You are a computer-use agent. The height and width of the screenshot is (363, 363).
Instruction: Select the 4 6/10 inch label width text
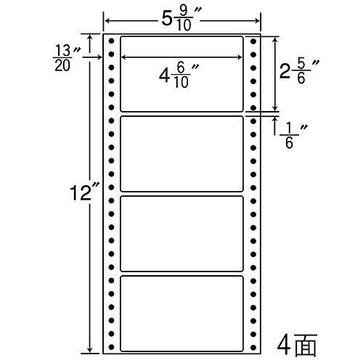point(179,76)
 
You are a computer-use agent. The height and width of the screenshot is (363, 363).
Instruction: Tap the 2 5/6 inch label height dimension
point(299,72)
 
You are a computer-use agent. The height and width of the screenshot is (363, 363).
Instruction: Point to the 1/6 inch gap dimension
point(293,136)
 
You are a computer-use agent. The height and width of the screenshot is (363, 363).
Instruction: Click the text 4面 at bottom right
point(297,345)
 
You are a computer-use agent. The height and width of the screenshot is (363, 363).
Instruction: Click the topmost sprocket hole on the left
point(111,41)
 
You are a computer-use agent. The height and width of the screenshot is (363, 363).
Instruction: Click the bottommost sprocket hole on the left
point(111,347)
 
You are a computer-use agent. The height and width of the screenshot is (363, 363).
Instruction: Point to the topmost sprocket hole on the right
point(253,41)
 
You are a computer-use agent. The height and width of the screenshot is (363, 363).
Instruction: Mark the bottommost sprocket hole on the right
point(253,348)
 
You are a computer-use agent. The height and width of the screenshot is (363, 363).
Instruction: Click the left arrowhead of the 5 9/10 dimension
point(107,21)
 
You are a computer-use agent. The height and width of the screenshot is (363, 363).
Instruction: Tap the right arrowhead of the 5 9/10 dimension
point(256,21)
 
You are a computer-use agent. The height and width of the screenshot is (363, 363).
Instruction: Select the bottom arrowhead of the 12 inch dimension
point(90,350)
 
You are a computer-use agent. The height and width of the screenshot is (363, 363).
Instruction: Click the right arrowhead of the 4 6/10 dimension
point(240,57)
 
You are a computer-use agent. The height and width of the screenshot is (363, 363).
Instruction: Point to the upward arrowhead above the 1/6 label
point(275,120)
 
